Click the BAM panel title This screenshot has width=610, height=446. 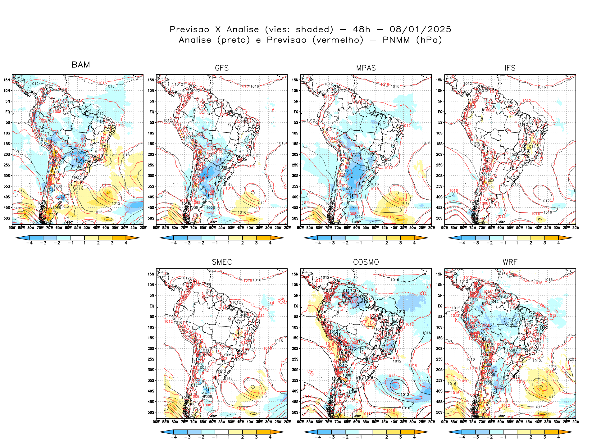[81, 65]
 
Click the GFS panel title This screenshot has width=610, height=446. [222, 68]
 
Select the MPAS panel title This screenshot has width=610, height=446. [366, 68]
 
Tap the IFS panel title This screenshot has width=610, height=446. [510, 68]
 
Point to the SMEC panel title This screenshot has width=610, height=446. [222, 262]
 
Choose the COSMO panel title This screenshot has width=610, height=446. [366, 262]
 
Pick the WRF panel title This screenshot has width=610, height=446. [510, 262]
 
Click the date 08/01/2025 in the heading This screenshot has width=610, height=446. [420, 30]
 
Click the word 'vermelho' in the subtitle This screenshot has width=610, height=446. [338, 40]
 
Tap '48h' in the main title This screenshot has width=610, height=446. [362, 30]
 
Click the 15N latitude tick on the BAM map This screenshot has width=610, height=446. [7, 80]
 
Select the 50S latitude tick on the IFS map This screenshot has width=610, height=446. [440, 218]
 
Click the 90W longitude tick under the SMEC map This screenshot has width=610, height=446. [156, 422]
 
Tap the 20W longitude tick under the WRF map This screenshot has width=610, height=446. [576, 422]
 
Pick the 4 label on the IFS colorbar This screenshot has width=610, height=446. [558, 243]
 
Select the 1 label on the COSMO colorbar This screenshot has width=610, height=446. [373, 437]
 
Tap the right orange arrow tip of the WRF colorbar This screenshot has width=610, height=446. [571, 432]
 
